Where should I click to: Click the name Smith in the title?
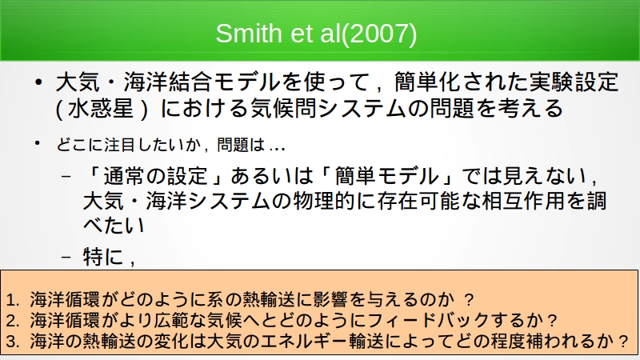pos(249,33)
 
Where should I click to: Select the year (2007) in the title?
pos(378,34)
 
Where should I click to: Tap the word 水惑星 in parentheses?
pos(101,109)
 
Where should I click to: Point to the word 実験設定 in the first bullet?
pos(574,82)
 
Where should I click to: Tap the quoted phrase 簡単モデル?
pos(386,176)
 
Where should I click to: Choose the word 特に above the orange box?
pos(103,257)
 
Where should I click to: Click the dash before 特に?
pos(66,257)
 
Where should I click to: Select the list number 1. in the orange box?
pos(13,300)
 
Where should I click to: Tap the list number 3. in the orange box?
pos(13,342)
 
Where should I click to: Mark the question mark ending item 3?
pos(623,342)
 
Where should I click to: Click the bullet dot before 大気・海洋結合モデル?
pos(38,82)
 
